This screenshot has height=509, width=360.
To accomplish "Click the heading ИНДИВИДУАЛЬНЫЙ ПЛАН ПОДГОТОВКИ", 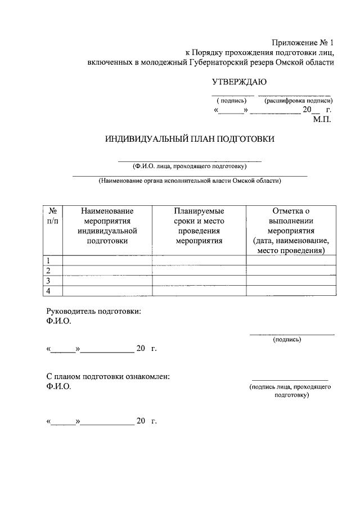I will coord(190,139).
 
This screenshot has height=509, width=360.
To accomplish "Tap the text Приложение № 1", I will coord(303,43).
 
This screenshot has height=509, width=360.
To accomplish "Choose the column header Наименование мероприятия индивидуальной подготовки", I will coord(107,226).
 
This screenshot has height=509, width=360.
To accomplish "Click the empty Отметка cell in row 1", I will coord(291,260).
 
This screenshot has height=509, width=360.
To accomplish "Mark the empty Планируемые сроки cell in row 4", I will coord(199,290).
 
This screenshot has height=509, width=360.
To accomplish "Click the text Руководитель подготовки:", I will coord(93,311).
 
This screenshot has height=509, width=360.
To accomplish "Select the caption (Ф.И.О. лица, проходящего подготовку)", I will coord(190,166).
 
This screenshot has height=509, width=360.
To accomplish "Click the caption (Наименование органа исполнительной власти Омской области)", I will coord(190,181).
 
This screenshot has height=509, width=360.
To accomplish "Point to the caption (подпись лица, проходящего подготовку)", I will coord(290,391).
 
